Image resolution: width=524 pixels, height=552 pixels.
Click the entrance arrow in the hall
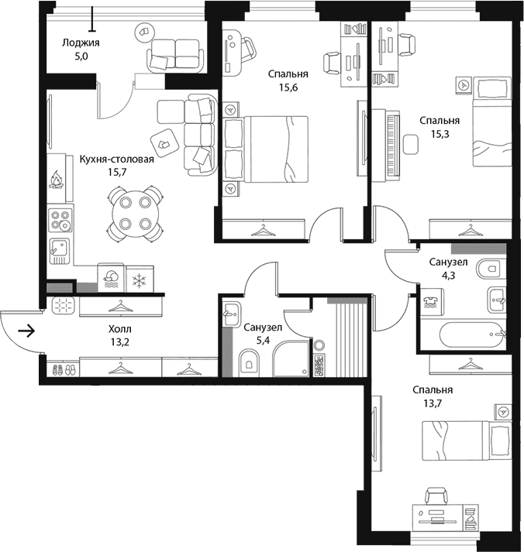(x=27, y=331)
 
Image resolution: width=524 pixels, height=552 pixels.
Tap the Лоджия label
(x=81, y=43)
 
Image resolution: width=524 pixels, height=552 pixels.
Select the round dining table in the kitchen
(x=136, y=213)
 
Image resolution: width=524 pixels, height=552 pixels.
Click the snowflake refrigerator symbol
(x=140, y=279)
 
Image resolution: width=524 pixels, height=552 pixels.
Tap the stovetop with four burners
(x=60, y=220)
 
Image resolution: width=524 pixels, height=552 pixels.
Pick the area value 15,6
(x=288, y=87)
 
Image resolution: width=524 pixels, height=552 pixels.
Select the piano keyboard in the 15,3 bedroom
(x=393, y=145)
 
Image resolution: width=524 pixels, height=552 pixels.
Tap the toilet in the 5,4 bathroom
(x=248, y=362)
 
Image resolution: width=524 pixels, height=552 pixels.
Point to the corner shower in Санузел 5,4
(x=291, y=358)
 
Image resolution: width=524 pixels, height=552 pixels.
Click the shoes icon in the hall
(x=64, y=369)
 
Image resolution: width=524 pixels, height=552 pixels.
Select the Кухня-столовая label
(x=116, y=159)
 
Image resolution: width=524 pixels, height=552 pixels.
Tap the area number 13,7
(x=433, y=403)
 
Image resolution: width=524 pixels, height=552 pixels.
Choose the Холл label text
(x=120, y=329)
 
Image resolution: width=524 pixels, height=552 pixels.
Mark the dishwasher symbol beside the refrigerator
(x=111, y=278)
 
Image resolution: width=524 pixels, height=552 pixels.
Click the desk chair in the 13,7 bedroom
(x=436, y=496)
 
